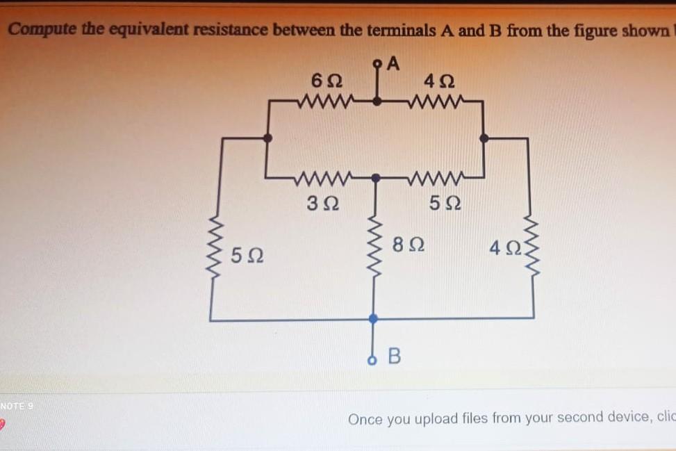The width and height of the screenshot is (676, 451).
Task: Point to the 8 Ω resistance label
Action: [x=409, y=244]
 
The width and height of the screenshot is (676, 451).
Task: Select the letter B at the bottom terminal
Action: [x=393, y=357]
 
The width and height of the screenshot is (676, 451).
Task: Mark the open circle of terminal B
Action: [x=373, y=360]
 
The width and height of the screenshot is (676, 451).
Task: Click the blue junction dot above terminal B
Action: [x=373, y=318]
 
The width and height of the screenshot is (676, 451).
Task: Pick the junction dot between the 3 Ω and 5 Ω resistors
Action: [x=375, y=178]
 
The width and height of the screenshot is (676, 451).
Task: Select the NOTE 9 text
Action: [x=17, y=405]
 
